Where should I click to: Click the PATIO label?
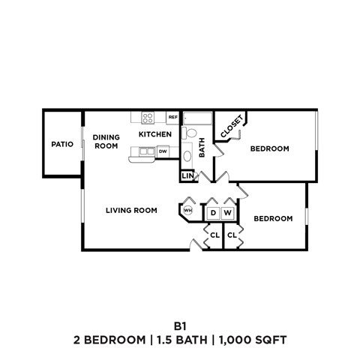[61, 144]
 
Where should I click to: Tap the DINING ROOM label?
[106, 142]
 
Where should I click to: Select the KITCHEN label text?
[155, 134]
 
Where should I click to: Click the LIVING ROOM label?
[131, 210]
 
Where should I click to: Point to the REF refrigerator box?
[172, 118]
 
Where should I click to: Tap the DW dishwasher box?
[163, 151]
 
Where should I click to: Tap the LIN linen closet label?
[187, 176]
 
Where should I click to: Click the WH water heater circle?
[187, 211]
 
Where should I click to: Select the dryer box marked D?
[213, 213]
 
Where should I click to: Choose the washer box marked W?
[228, 213]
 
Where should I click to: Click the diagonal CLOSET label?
[231, 127]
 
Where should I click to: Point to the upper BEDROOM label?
[269, 148]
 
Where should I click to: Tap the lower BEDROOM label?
[272, 218]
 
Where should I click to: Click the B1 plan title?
[180, 326]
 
